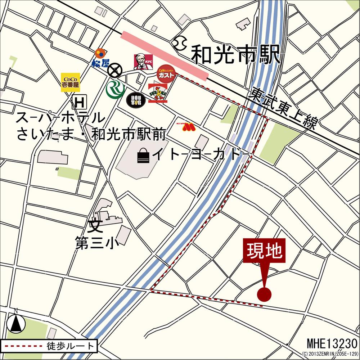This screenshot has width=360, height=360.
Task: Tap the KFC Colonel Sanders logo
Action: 144,62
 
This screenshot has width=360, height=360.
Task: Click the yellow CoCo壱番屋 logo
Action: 70,82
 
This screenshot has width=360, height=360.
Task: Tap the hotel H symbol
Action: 79,103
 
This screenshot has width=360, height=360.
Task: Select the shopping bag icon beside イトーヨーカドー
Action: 143,156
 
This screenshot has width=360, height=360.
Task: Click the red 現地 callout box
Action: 264,251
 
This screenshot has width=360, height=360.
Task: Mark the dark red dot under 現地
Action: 264,294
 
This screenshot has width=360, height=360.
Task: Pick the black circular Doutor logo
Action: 135,100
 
